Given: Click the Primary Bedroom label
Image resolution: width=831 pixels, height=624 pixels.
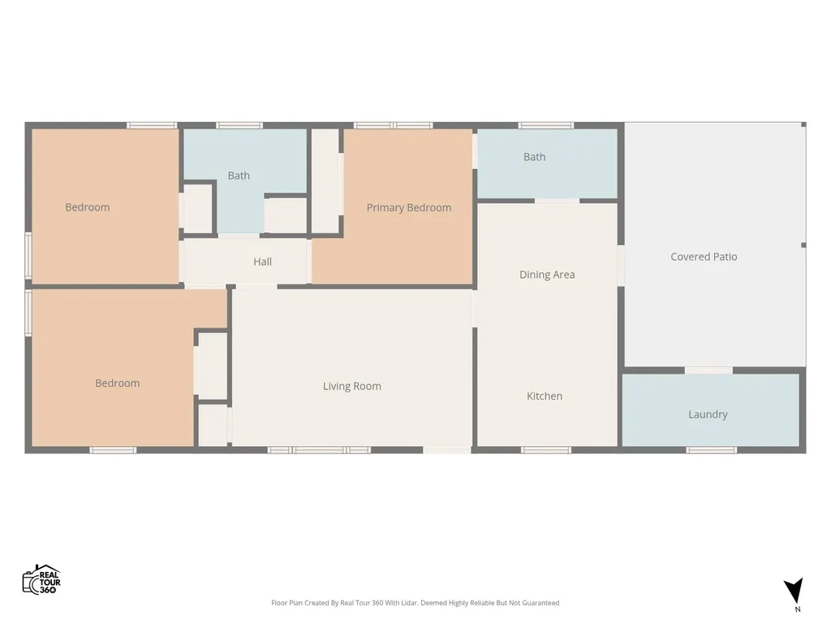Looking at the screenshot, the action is (409, 207).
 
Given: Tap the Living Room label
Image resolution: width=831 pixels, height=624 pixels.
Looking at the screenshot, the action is (352, 386).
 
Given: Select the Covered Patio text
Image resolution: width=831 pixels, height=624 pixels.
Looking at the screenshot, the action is (704, 257).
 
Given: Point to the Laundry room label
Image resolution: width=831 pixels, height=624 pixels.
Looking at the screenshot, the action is (708, 414).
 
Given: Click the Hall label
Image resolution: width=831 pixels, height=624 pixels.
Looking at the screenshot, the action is (262, 262).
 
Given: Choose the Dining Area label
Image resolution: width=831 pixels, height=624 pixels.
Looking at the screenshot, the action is (547, 275).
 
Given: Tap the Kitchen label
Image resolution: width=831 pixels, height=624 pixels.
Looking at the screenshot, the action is (545, 396).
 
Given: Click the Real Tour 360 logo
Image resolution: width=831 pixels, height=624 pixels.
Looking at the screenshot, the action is (42, 579).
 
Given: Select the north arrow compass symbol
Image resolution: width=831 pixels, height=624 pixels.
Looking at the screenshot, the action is (794, 591).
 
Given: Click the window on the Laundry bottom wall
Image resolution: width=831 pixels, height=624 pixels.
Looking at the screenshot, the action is (711, 450).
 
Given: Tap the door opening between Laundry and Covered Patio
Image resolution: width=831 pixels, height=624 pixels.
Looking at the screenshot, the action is (708, 370).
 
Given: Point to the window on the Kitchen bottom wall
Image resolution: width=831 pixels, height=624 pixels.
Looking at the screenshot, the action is (546, 450).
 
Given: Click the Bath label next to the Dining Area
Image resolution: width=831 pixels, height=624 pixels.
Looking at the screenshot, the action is (534, 157).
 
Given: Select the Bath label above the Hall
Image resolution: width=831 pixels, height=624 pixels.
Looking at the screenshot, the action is (239, 175).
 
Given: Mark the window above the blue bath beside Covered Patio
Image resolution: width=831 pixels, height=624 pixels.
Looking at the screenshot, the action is (546, 126).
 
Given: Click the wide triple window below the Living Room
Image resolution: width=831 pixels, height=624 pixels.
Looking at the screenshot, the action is (319, 450).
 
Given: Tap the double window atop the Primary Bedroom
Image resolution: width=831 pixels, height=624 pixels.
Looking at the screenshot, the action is (394, 126).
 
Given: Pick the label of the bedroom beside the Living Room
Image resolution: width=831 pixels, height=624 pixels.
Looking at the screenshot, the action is (117, 383).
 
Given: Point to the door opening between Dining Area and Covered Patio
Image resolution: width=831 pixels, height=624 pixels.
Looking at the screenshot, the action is (621, 266).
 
